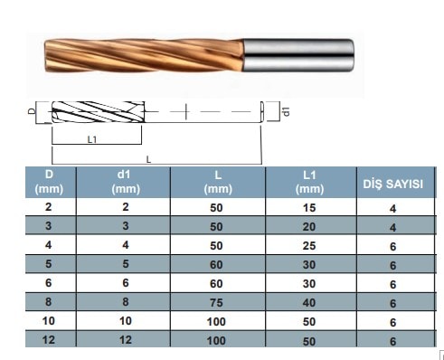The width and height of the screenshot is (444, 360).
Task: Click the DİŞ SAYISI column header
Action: click(x=392, y=184)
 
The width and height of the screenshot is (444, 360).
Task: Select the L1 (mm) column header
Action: click(x=309, y=182)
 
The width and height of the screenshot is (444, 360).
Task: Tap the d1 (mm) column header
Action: click(x=126, y=182)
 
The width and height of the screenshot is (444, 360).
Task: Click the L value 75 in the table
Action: click(x=216, y=302)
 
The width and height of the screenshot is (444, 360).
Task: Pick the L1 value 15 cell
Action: click(x=309, y=208)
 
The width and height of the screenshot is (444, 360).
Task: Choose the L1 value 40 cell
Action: click(x=309, y=302)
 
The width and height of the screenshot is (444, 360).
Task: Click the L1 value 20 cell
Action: click(x=309, y=227)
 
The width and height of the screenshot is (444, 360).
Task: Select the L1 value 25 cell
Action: click(x=309, y=246)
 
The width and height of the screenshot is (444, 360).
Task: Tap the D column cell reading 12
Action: click(x=49, y=340)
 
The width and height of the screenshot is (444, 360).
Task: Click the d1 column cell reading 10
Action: click(x=126, y=321)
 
